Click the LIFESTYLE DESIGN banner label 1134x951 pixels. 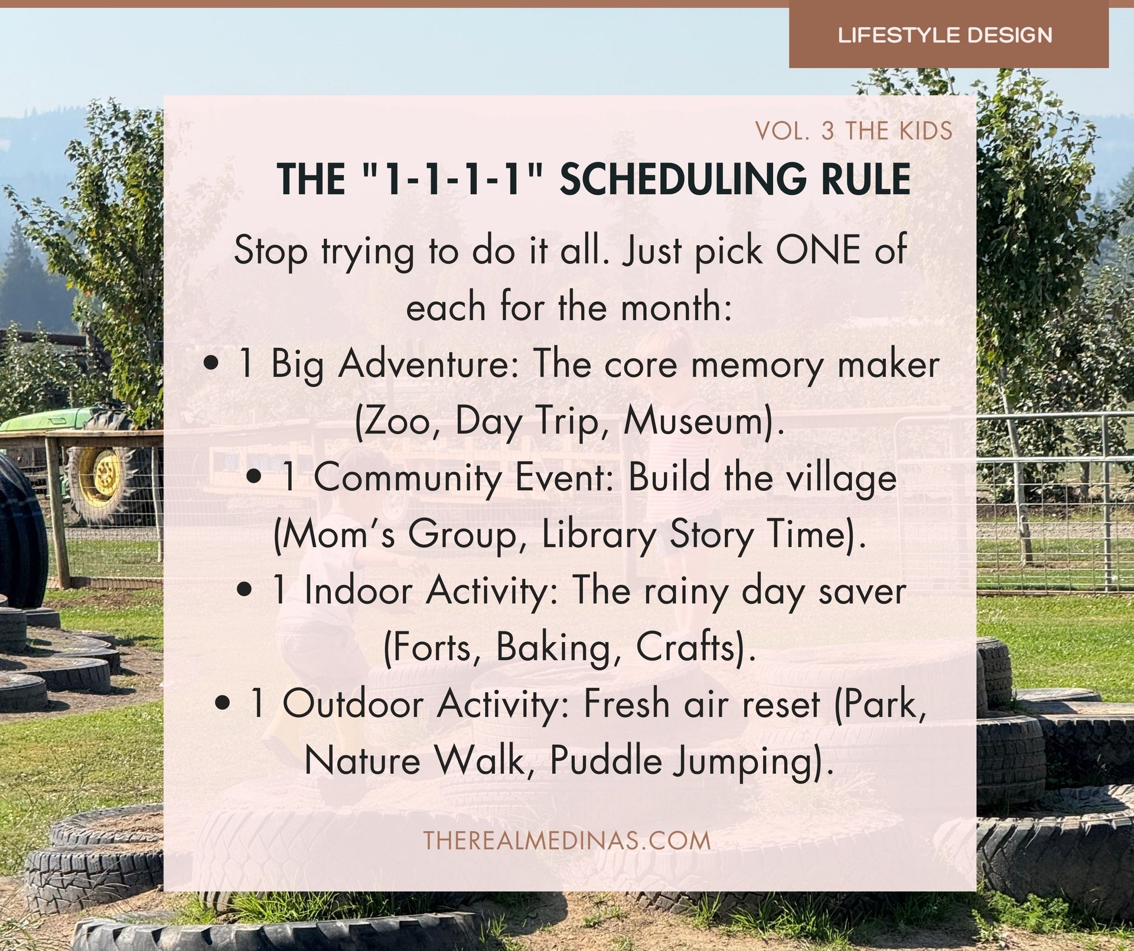click(x=945, y=35)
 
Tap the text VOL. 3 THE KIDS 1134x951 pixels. click(x=853, y=131)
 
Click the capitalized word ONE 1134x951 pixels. click(x=817, y=250)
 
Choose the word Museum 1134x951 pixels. click(x=703, y=421)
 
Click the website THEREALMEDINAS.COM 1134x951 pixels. click(x=567, y=841)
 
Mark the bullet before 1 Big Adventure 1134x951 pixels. click(x=210, y=364)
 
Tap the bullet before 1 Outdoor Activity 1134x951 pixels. click(x=223, y=704)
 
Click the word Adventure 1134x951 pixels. click(x=428, y=364)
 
